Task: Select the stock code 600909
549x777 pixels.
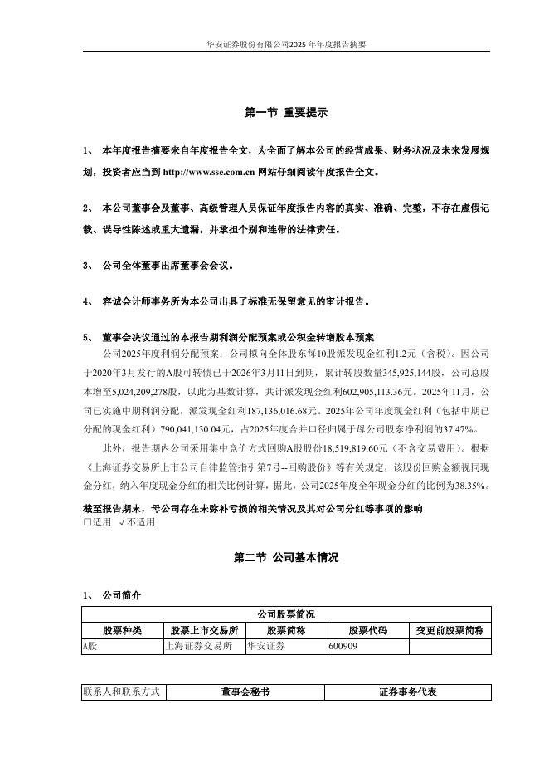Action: (x=343, y=646)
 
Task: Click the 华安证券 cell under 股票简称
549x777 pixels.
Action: (x=266, y=646)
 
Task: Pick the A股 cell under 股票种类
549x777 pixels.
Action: (x=90, y=646)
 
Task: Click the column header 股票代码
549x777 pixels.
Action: (x=367, y=631)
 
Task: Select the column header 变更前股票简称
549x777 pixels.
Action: (x=449, y=631)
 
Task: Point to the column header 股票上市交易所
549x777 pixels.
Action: (x=204, y=631)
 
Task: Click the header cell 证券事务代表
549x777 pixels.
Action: (x=408, y=691)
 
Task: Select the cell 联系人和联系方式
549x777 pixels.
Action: (x=122, y=691)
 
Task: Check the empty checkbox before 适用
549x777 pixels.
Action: (x=87, y=523)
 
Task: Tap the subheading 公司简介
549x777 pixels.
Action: (x=121, y=595)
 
